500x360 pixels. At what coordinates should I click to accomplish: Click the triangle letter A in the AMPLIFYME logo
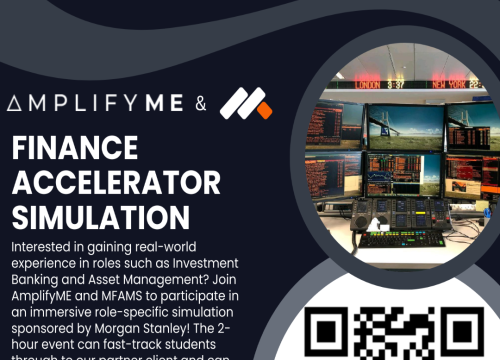(x=15, y=103)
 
